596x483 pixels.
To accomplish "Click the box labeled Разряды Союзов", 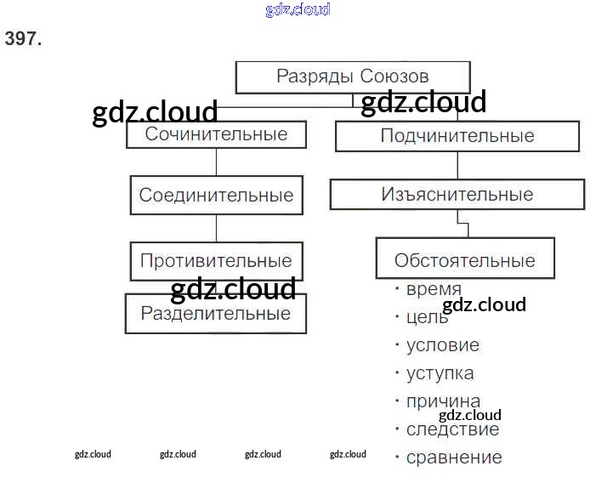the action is [x=352, y=77].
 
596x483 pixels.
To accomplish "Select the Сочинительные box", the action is [x=216, y=134].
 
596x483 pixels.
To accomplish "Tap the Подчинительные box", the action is [x=457, y=136].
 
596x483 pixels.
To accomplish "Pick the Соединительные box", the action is [x=216, y=195].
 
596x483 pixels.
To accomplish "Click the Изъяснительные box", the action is [x=457, y=195].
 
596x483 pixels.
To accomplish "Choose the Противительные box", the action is [x=216, y=260].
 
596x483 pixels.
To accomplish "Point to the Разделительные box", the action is [x=216, y=313].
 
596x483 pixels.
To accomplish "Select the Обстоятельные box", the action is [x=464, y=260].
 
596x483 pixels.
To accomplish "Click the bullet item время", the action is [x=434, y=289].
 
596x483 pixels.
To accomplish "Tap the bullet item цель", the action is [x=427, y=317].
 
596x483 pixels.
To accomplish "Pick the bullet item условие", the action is [x=442, y=345].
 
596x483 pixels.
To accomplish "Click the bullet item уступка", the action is [x=440, y=373].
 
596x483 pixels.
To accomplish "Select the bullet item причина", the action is [x=443, y=401].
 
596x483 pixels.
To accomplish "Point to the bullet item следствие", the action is [x=452, y=429].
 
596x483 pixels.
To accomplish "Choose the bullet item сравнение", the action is [x=454, y=457].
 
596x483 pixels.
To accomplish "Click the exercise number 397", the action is [x=23, y=37].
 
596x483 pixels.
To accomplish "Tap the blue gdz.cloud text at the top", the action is [x=298, y=10].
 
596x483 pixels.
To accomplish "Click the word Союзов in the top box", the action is [x=394, y=77].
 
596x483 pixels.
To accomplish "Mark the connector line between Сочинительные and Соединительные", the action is [x=216, y=162].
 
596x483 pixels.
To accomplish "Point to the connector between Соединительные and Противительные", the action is [x=216, y=228].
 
